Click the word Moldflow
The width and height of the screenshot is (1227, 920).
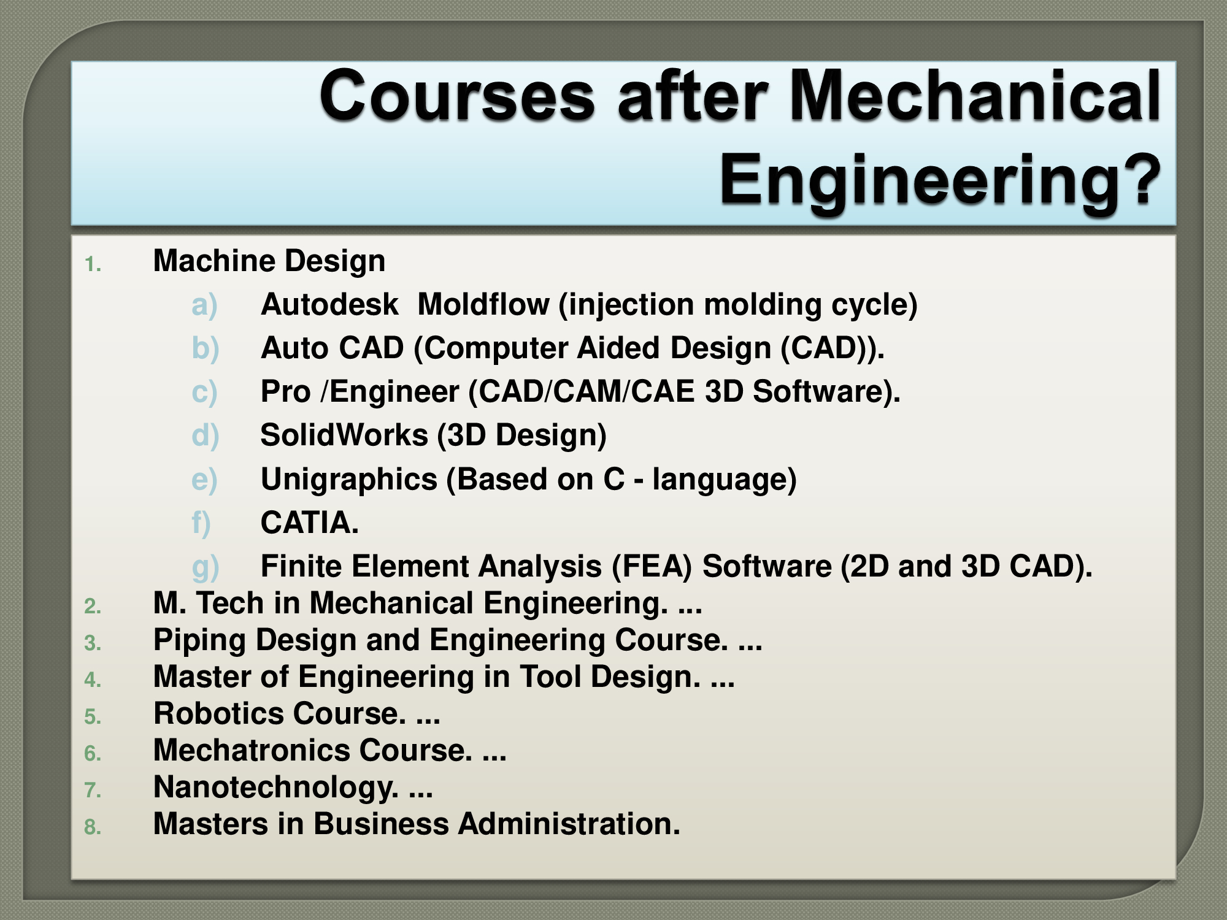(x=483, y=305)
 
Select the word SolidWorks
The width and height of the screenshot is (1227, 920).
(x=344, y=435)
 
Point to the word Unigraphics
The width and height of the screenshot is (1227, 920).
(x=348, y=480)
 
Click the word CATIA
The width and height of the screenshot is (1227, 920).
(x=309, y=523)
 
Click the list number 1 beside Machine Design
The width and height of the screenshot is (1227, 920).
(x=93, y=265)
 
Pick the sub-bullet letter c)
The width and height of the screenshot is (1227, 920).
(x=204, y=392)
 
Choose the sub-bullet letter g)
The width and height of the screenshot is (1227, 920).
(x=205, y=567)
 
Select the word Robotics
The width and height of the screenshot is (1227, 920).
(x=218, y=714)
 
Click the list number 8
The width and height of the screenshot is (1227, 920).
(x=93, y=827)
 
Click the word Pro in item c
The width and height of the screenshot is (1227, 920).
(x=285, y=392)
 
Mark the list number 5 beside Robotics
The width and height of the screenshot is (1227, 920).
(x=93, y=717)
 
